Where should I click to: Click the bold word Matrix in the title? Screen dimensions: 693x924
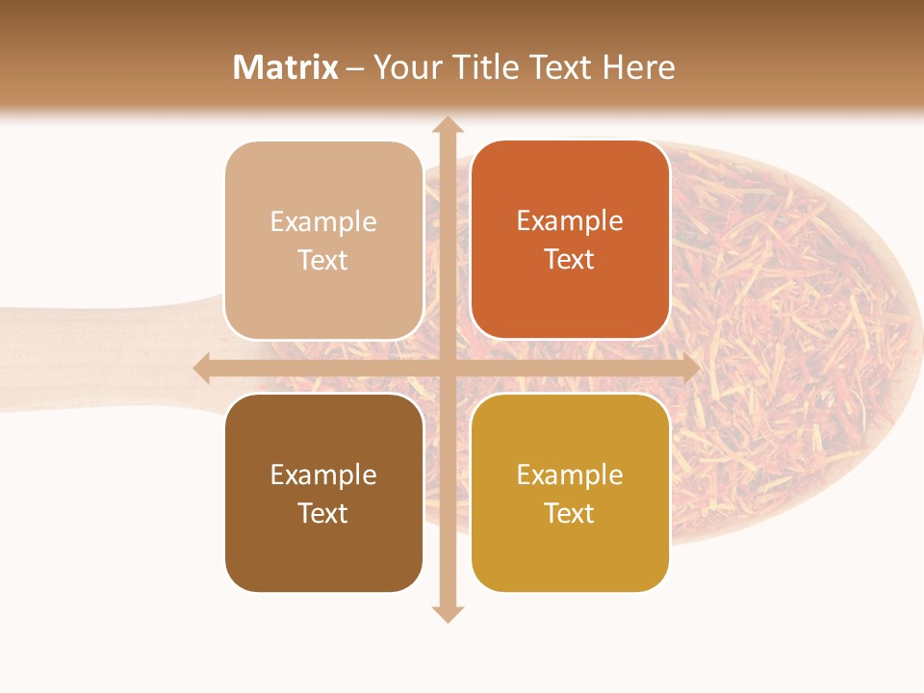286,67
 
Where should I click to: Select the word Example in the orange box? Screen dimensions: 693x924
570,221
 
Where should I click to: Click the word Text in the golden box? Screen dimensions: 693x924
570,514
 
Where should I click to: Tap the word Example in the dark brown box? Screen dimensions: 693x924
323,475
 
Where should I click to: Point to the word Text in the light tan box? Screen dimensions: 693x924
323,261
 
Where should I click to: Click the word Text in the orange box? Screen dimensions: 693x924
570,260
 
